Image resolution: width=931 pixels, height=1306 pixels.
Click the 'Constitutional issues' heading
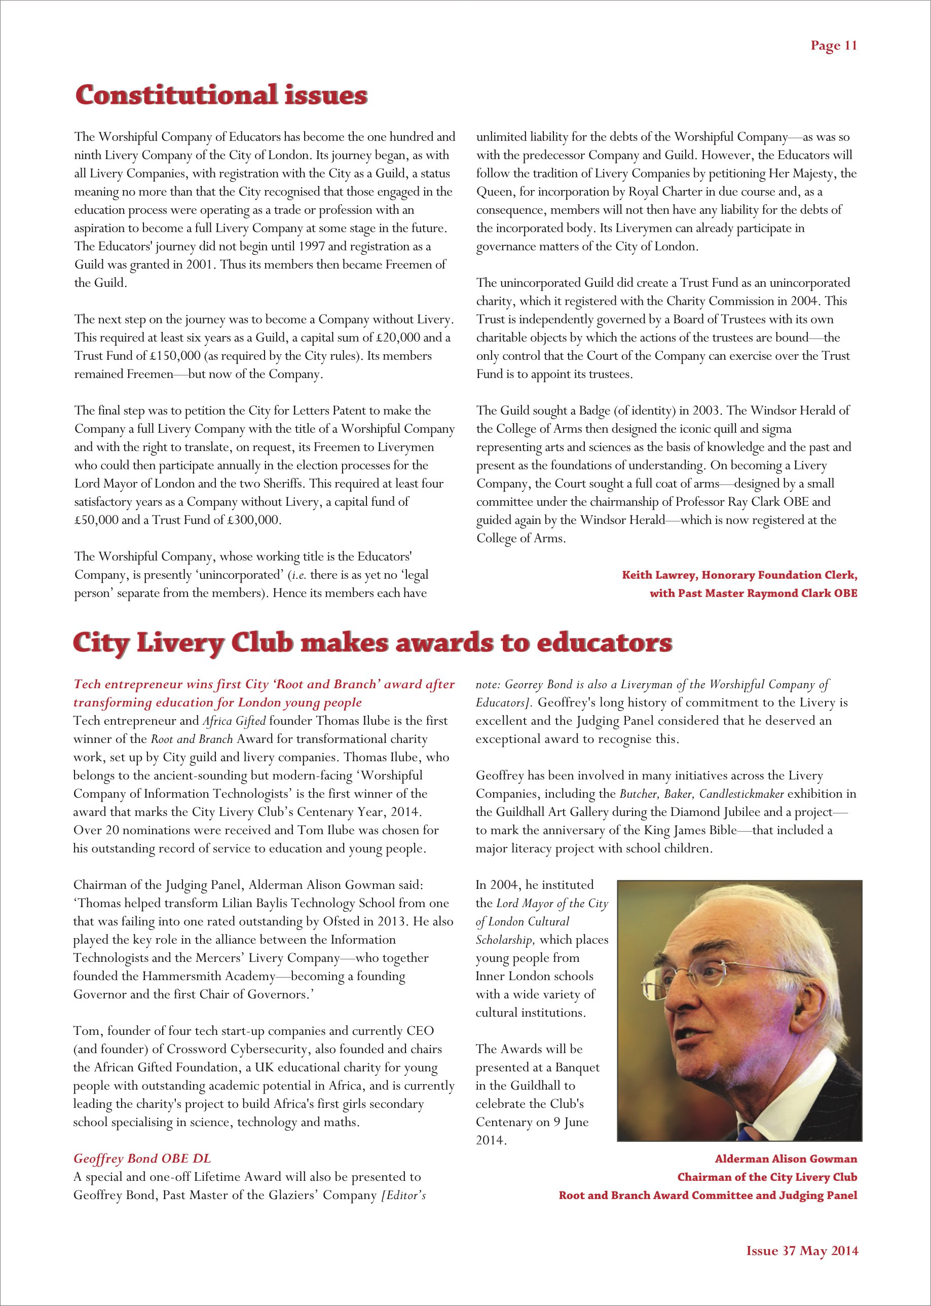click(x=221, y=95)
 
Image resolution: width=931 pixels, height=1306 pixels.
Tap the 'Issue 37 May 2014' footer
click(x=802, y=1250)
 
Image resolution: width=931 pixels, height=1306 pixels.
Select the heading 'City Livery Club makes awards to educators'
click(x=372, y=643)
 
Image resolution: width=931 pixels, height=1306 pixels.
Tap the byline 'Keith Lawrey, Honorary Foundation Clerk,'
click(x=739, y=575)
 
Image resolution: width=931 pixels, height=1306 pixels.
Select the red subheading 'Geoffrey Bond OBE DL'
click(x=142, y=1159)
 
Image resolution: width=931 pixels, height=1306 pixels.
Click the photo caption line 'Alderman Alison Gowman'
click(x=786, y=1159)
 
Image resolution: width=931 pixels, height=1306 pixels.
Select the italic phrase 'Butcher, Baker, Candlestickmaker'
click(x=701, y=794)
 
